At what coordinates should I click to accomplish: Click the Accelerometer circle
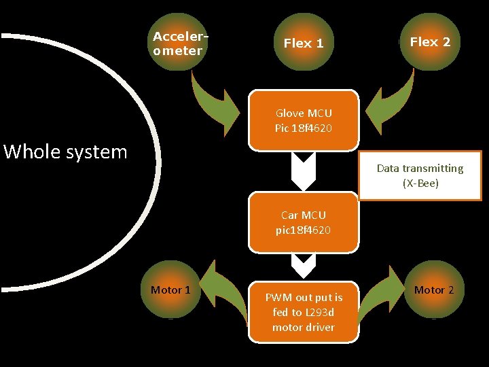tap(178, 43)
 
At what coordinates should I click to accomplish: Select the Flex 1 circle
tap(304, 43)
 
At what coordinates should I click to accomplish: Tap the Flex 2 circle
tap(429, 42)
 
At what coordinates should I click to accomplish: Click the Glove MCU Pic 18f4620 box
tap(304, 120)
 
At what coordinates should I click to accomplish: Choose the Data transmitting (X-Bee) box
tap(420, 175)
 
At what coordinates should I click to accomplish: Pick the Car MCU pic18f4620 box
tap(303, 223)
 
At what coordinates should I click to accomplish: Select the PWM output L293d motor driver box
tap(304, 312)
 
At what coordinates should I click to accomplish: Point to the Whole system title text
tap(65, 152)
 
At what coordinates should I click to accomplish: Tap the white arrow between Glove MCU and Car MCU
tap(304, 170)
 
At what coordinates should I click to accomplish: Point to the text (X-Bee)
tap(420, 183)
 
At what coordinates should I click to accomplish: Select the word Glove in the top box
tap(290, 113)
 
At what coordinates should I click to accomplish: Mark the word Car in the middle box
tap(290, 215)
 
